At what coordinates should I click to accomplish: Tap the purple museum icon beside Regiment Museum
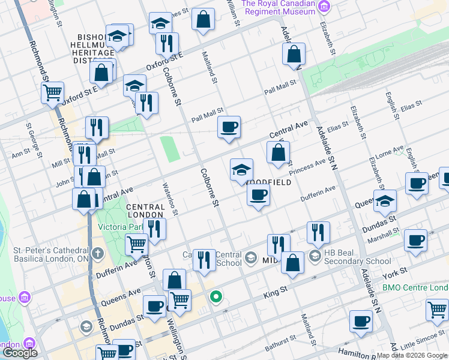pyautogui.click(x=324, y=7)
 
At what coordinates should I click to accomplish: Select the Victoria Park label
pyautogui.click(x=121, y=227)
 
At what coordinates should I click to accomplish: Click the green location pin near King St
pyautogui.click(x=216, y=296)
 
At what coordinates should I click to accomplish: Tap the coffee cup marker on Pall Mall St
pyautogui.click(x=229, y=127)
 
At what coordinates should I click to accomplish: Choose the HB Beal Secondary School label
pyautogui.click(x=358, y=257)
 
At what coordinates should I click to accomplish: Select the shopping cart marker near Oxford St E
pyautogui.click(x=53, y=92)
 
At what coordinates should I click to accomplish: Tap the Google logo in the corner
pyautogui.click(x=20, y=353)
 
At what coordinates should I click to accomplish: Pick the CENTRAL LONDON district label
pyautogui.click(x=145, y=211)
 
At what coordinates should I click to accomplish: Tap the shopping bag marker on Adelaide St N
pyautogui.click(x=294, y=54)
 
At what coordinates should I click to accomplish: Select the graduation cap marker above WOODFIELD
pyautogui.click(x=241, y=170)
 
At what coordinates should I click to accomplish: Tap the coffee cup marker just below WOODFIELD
pyautogui.click(x=258, y=195)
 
